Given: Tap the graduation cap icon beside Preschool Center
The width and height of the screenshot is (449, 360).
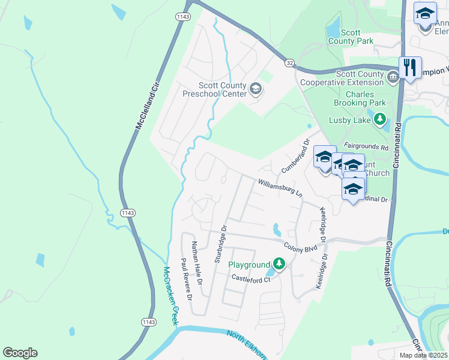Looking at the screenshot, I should [255, 89].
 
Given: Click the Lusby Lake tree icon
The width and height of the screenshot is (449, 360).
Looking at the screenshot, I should [379, 120].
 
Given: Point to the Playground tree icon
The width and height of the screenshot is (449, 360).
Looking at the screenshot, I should [279, 264].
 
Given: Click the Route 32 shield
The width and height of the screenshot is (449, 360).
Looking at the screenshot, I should [289, 63].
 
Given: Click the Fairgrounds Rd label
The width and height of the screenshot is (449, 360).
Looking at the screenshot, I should [367, 146].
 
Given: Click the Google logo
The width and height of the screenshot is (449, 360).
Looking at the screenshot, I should [20, 353].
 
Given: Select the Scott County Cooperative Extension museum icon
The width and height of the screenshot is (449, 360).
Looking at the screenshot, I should [393, 77].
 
